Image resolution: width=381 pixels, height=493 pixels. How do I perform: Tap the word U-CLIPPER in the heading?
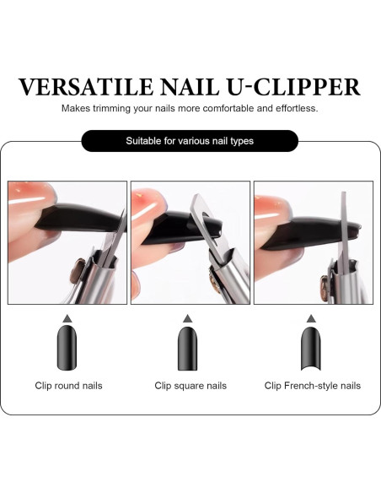click(295, 87)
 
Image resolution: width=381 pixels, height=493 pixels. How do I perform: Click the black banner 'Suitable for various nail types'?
click(190, 141)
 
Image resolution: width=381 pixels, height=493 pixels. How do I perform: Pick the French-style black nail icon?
click(312, 345)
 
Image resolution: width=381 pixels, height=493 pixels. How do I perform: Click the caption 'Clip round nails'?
click(68, 386)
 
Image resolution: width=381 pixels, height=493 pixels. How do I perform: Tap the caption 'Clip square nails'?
click(190, 386)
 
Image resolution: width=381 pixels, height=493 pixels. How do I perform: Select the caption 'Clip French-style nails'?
click(312, 386)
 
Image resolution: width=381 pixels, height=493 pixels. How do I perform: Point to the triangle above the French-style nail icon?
click(312, 318)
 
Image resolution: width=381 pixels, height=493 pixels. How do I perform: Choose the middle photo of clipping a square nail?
click(190, 242)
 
